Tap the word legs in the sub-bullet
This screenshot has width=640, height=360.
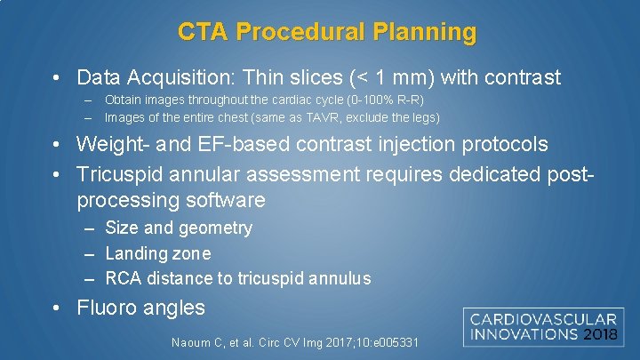pyautogui.click(x=421, y=117)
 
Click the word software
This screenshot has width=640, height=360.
pyautogui.click(x=228, y=200)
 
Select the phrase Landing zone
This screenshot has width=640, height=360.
pyautogui.click(x=157, y=253)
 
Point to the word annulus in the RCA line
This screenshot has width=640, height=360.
pyautogui.click(x=340, y=278)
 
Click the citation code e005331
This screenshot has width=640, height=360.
pyautogui.click(x=387, y=342)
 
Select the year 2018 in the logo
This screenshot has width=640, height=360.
pyautogui.click(x=603, y=335)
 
